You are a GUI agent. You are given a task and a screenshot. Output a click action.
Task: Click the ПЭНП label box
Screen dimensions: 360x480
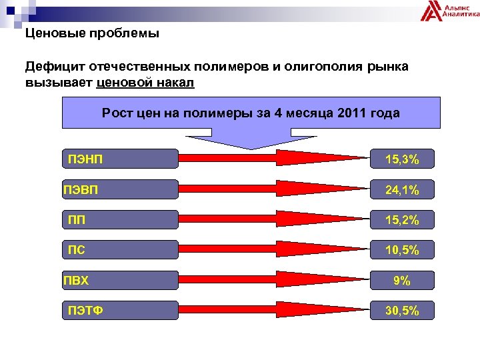point(120,159)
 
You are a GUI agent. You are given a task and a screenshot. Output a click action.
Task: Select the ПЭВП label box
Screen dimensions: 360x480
point(120,189)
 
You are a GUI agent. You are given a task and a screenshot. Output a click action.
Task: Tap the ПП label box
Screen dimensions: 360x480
point(120,219)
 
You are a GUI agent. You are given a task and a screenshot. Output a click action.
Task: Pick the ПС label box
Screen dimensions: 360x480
point(120,249)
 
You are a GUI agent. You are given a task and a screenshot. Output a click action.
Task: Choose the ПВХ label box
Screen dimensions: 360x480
point(120,280)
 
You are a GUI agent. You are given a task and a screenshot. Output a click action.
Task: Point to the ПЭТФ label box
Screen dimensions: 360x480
point(120,310)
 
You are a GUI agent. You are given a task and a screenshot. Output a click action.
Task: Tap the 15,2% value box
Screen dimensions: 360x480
point(401,219)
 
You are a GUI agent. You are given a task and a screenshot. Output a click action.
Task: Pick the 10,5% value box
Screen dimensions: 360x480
point(401,249)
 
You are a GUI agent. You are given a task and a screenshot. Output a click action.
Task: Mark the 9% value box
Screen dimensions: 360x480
point(401,280)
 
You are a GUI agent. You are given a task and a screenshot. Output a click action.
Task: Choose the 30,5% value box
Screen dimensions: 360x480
point(401,310)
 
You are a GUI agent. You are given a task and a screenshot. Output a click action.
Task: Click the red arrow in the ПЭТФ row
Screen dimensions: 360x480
point(273,310)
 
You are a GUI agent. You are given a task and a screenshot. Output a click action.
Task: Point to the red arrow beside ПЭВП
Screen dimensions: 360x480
point(273,189)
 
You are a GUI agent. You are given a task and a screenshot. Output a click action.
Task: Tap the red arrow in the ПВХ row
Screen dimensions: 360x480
point(273,280)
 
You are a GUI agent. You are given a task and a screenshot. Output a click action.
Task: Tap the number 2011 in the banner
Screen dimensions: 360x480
point(354,113)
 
